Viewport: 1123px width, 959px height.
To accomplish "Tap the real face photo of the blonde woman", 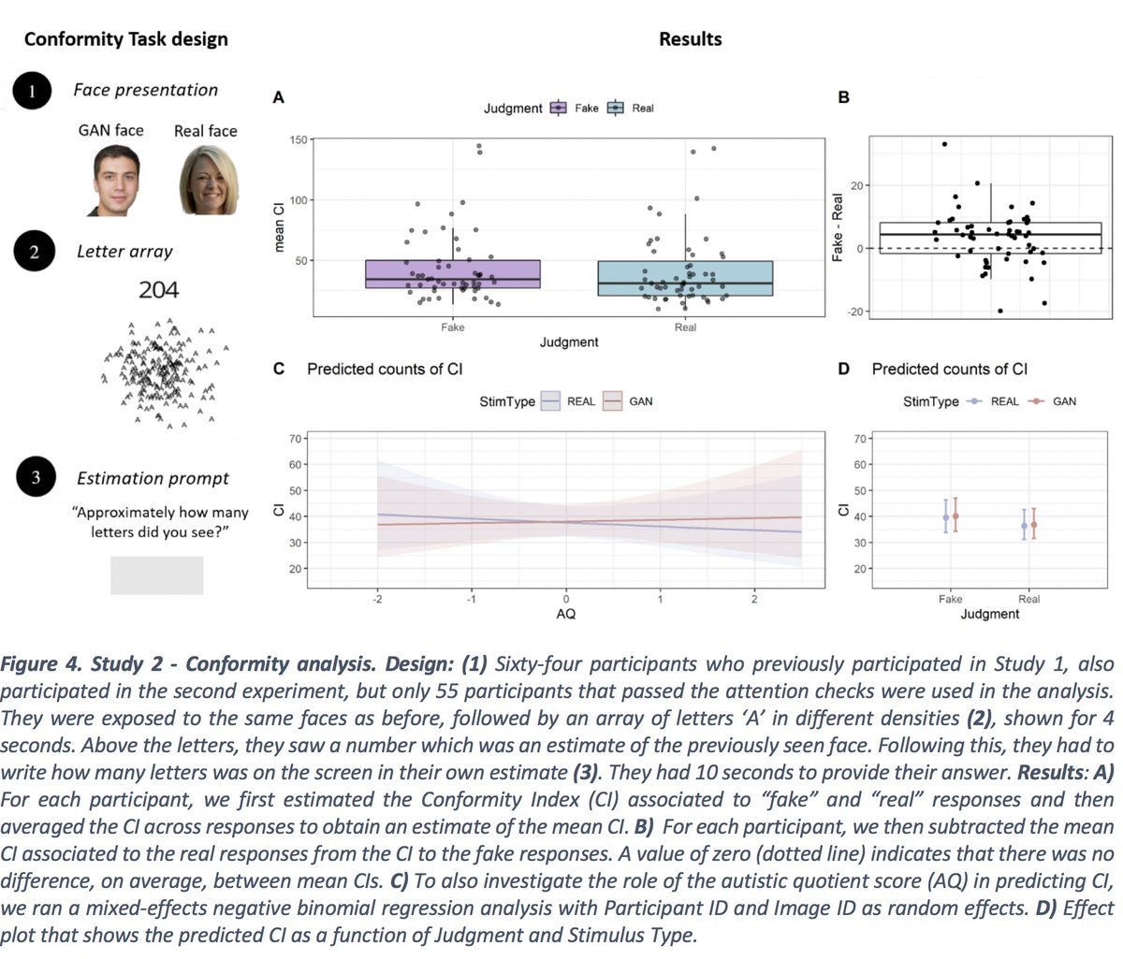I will coord(208,181).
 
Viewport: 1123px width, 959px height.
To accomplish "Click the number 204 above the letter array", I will coord(158,290).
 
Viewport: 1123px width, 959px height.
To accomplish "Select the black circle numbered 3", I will coord(35,478).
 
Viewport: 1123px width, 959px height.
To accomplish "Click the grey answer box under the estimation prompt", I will coord(156,575).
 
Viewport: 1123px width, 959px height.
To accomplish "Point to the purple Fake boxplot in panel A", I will coord(452,274).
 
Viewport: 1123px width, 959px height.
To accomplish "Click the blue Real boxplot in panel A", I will coord(685,278).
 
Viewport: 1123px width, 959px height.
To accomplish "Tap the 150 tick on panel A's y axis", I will coord(298,140).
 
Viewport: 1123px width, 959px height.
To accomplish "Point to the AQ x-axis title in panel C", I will coord(565,614).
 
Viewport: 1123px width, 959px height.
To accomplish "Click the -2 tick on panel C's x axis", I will coord(376,599).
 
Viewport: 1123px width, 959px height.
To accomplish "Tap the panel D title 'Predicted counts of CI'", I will coord(949,369).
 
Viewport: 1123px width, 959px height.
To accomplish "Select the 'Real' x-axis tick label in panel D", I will coord(1028,599).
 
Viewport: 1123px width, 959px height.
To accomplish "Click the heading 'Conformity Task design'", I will coord(125,39).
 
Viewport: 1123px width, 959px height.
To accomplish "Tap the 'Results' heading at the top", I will coord(690,39).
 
